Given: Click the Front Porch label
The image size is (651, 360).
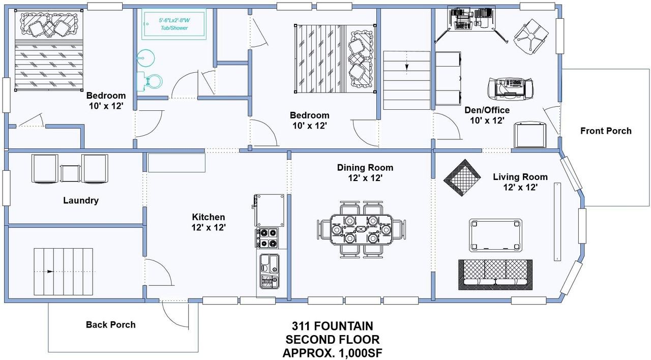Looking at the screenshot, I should click(606, 131).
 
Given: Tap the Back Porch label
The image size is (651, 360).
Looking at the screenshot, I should click(110, 324).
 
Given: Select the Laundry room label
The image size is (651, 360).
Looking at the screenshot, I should click(81, 200).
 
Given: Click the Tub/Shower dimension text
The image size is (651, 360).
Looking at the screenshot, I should click(174, 24).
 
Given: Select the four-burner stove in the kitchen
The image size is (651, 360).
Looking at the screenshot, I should click(268, 238).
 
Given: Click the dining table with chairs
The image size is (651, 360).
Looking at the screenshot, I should click(361, 229).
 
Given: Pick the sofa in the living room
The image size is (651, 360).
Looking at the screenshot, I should click(495, 274).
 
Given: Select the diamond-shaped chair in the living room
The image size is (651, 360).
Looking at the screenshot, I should click(462, 177).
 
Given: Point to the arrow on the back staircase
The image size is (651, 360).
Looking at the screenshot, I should click(50, 272).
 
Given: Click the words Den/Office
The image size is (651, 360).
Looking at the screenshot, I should click(487, 110).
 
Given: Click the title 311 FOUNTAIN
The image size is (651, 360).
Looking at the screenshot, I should click(332, 325).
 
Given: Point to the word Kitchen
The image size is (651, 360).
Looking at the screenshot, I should click(209, 217).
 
